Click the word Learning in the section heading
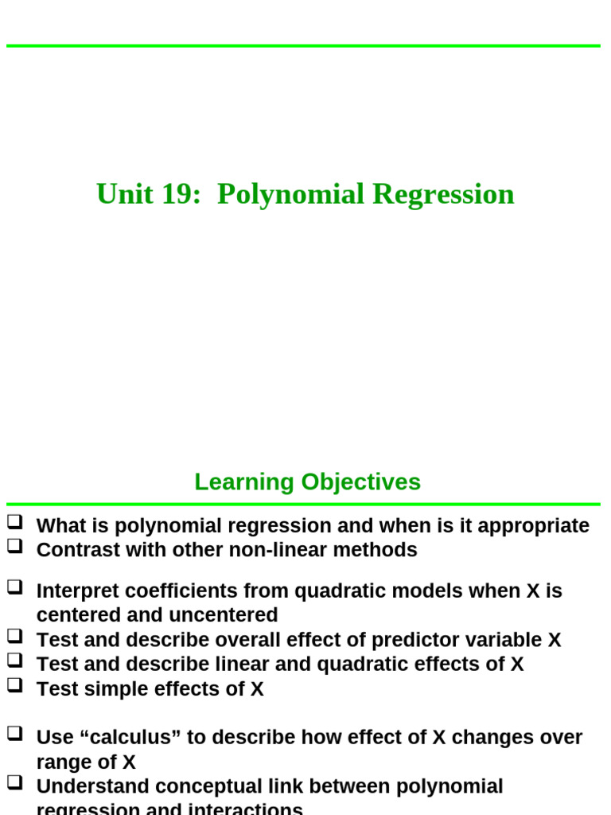tap(244, 482)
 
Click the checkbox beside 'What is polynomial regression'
tap(15, 523)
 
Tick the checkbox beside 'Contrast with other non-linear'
tap(15, 547)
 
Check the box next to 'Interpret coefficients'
tap(15, 588)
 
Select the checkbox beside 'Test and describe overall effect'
tap(15, 636)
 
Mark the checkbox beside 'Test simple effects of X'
tap(15, 684)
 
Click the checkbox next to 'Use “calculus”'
tap(15, 734)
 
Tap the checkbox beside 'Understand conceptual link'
tap(15, 783)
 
